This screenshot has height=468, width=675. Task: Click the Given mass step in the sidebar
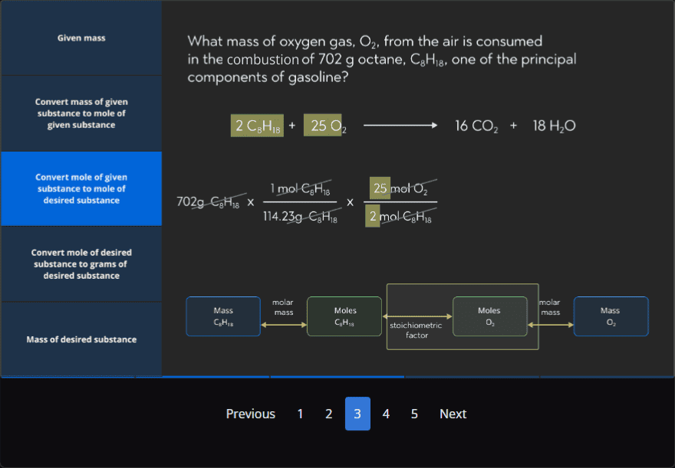click(x=81, y=38)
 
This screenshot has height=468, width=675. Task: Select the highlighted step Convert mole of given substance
click(x=81, y=188)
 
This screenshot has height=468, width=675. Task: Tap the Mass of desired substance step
click(x=81, y=339)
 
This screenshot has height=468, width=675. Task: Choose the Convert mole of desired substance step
click(x=81, y=263)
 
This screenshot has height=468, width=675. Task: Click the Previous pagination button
click(x=250, y=414)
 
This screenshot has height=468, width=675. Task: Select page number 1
click(x=300, y=414)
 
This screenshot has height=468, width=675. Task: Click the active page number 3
click(x=357, y=414)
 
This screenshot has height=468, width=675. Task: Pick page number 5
click(x=414, y=414)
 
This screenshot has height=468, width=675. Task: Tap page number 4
click(x=386, y=414)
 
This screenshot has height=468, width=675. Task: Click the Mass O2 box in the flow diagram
click(x=611, y=316)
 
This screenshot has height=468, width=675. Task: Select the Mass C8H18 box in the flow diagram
click(x=223, y=316)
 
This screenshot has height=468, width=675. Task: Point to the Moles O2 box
click(x=489, y=316)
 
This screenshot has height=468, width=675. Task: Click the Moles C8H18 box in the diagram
click(x=344, y=316)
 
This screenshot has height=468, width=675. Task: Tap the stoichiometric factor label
click(x=417, y=330)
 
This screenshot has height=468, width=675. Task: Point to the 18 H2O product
click(x=554, y=126)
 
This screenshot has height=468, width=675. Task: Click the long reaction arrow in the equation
click(x=400, y=126)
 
